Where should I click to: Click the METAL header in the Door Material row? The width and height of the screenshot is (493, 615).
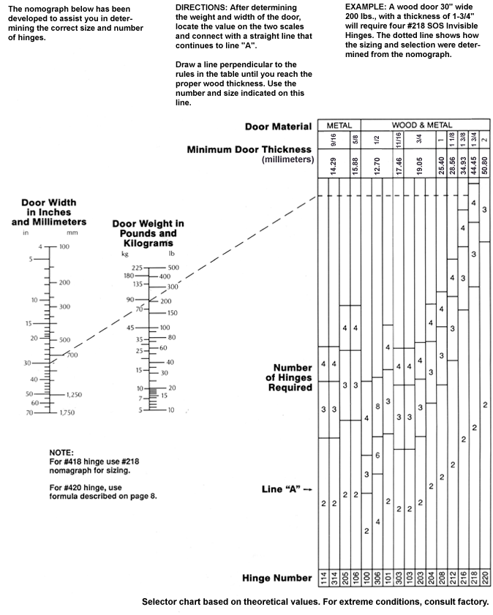pos(339,126)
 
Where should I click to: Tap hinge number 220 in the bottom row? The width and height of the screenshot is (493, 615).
pos(485,578)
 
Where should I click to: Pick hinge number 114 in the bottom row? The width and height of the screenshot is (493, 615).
pos(323,578)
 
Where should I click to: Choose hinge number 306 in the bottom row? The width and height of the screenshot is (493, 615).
pos(377,578)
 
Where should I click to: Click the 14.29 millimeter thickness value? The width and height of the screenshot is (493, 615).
pos(333,163)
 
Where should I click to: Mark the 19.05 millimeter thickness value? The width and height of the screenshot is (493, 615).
pos(421,163)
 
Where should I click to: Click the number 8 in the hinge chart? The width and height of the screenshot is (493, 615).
pos(377,406)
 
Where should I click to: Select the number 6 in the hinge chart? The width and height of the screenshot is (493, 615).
pos(377,456)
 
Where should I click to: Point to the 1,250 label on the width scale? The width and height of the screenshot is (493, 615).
pos(71,395)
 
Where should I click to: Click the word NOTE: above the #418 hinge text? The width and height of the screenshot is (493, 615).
pos(61,453)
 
